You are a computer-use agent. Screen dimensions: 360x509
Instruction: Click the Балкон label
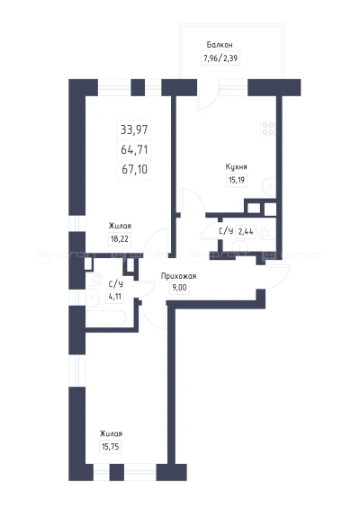220,45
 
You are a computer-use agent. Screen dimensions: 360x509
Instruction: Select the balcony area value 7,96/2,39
220,58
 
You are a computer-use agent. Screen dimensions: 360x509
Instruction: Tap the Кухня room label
236,167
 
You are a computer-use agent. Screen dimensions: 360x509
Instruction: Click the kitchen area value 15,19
237,180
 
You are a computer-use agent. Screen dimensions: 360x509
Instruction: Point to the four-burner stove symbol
268,129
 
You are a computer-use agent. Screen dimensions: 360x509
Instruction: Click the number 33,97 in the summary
134,129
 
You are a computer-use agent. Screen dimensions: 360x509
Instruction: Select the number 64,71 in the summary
134,149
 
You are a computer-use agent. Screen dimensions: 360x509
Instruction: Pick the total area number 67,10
134,169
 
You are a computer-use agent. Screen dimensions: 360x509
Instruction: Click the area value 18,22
120,239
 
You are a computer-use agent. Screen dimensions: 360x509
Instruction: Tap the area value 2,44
246,232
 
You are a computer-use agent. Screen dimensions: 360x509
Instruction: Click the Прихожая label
179,276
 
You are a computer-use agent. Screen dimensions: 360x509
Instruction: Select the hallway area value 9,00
179,288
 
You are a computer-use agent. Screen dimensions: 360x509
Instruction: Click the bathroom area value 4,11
114,297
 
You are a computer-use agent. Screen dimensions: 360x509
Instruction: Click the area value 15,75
111,447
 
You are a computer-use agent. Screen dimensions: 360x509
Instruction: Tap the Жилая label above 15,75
111,433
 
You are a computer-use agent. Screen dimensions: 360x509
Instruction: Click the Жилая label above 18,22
120,226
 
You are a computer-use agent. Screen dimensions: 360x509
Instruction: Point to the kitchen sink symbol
268,187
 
